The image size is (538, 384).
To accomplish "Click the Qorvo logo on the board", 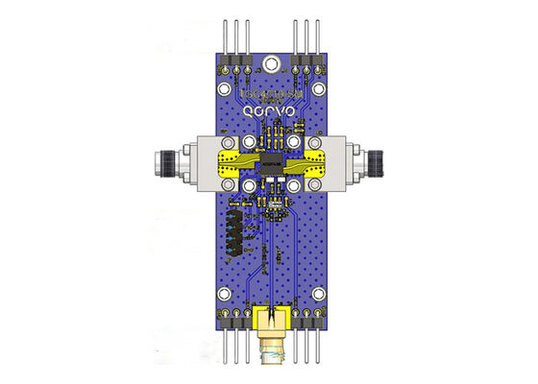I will [x=269, y=111].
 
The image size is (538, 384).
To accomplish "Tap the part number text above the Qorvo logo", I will [x=269, y=94].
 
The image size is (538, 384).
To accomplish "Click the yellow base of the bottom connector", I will [x=272, y=317].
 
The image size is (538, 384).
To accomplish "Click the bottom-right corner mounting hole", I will [x=317, y=314].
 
